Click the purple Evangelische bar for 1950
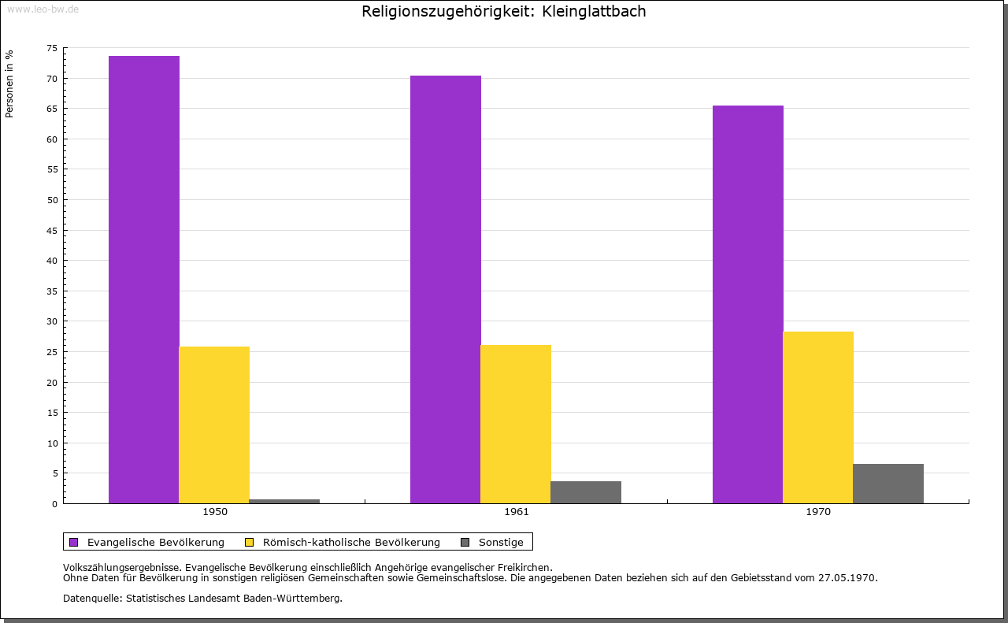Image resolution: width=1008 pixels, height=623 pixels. pyautogui.click(x=144, y=280)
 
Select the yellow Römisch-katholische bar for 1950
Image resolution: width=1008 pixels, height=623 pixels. pyautogui.click(x=214, y=425)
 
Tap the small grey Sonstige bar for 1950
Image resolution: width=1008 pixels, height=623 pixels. pyautogui.click(x=284, y=501)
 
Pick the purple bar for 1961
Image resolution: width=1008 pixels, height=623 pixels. pyautogui.click(x=446, y=289)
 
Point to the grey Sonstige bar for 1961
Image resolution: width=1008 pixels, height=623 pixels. pyautogui.click(x=586, y=492)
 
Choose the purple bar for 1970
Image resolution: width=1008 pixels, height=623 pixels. pyautogui.click(x=748, y=304)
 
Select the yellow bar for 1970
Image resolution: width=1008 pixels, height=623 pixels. pyautogui.click(x=818, y=417)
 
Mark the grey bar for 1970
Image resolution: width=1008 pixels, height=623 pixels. pyautogui.click(x=888, y=484)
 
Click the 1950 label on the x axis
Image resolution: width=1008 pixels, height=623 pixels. pyautogui.click(x=215, y=512)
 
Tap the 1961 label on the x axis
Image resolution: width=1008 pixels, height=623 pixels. pyautogui.click(x=517, y=512)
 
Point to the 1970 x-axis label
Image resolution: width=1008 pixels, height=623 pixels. pyautogui.click(x=818, y=512)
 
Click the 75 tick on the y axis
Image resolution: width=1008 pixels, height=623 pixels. pyautogui.click(x=52, y=48)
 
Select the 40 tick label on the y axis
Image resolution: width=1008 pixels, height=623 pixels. pyautogui.click(x=52, y=261)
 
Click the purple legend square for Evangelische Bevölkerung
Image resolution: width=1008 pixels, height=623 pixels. pyautogui.click(x=74, y=542)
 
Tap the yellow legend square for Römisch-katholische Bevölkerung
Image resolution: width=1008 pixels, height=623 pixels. pyautogui.click(x=250, y=542)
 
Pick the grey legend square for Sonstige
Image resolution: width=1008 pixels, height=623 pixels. pyautogui.click(x=465, y=542)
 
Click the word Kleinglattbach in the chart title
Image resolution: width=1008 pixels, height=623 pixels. pyautogui.click(x=594, y=12)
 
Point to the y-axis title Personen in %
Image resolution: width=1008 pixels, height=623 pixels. pyautogui.click(x=9, y=83)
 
